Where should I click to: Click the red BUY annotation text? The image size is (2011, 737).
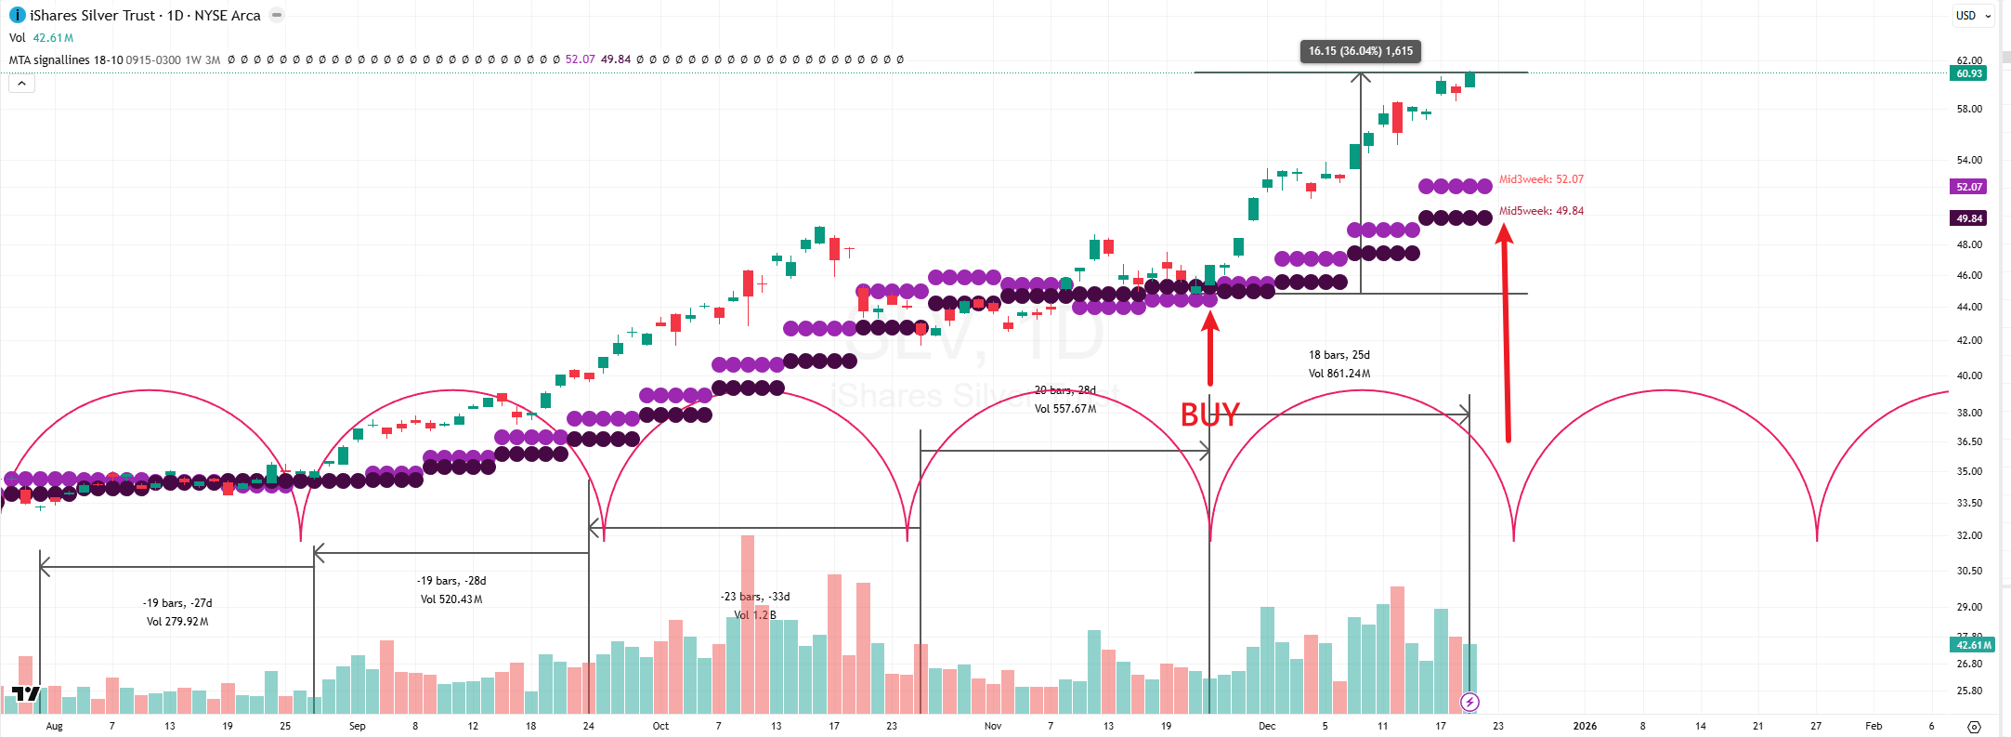pyautogui.click(x=1209, y=415)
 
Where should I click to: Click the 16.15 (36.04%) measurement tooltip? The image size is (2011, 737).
pyautogui.click(x=1360, y=51)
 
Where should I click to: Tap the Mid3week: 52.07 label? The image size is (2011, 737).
pyautogui.click(x=1541, y=179)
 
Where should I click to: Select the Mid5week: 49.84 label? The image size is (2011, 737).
pyautogui.click(x=1541, y=211)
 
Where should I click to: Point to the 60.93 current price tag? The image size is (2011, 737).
pyautogui.click(x=1968, y=73)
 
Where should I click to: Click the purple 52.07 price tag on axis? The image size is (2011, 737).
pyautogui.click(x=1968, y=187)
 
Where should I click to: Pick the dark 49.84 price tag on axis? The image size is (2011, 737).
pyautogui.click(x=1968, y=218)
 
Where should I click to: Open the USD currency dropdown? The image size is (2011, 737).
pyautogui.click(x=1973, y=16)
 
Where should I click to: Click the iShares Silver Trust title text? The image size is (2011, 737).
pyautogui.click(x=92, y=16)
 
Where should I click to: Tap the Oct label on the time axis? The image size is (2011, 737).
pyautogui.click(x=660, y=726)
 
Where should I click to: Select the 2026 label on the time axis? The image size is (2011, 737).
pyautogui.click(x=1585, y=726)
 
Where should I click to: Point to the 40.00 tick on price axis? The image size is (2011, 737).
pyautogui.click(x=1968, y=375)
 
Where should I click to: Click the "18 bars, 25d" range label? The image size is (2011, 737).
pyautogui.click(x=1338, y=355)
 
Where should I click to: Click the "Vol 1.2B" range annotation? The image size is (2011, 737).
pyautogui.click(x=754, y=615)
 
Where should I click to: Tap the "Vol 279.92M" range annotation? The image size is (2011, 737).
pyautogui.click(x=177, y=622)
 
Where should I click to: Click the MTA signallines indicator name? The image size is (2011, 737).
pyautogui.click(x=65, y=59)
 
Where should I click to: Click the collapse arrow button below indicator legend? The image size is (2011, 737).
pyautogui.click(x=21, y=84)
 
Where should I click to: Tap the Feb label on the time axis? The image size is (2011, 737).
pyautogui.click(x=1874, y=726)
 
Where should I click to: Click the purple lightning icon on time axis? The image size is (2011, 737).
pyautogui.click(x=1469, y=702)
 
